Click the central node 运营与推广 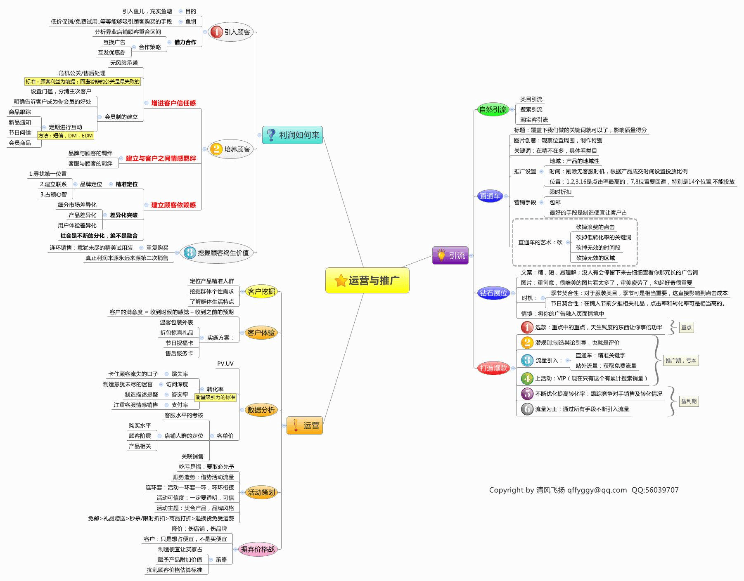coord(367,281)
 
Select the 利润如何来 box coord(292,135)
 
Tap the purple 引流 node coord(450,255)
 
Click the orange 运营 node coord(304,425)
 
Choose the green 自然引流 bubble coord(493,109)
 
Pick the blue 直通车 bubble coord(490,196)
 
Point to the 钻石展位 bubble coord(493,293)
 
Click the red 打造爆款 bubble coord(493,368)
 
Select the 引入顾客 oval coord(230,32)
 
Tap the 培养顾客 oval coord(230,149)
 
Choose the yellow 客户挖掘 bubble coord(261,291)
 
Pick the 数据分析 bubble coord(261,410)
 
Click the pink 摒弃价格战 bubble coord(258,549)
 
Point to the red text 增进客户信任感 coord(173,103)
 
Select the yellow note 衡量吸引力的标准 coord(216,397)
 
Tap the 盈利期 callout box coord(689,401)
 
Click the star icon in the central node coord(341,281)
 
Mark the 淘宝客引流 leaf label coord(534,120)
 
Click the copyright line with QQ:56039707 coord(584,490)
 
